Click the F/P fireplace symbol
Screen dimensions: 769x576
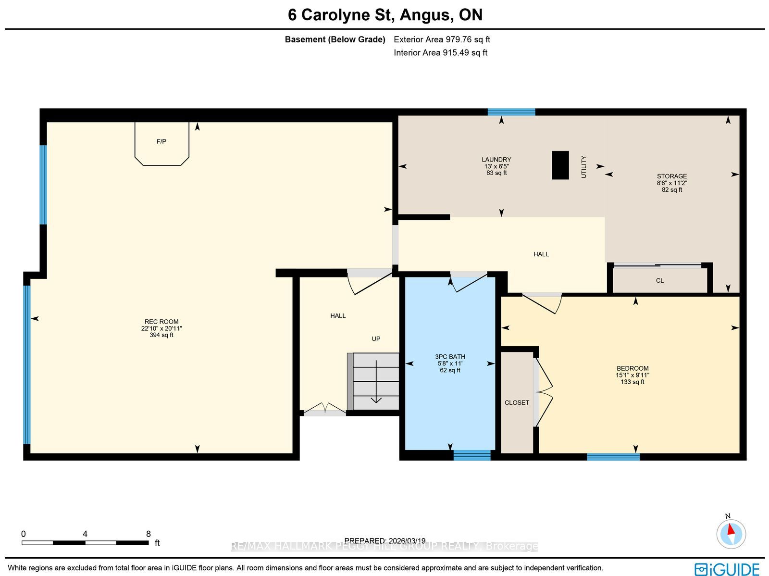coord(162,143)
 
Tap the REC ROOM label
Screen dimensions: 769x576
coord(161,322)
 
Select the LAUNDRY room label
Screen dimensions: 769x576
coord(496,160)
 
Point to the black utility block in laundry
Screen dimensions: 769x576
coord(560,165)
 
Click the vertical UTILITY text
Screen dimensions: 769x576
coord(583,167)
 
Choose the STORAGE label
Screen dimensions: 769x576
coord(671,176)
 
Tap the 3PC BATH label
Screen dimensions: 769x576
coord(450,357)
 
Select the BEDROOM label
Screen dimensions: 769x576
coord(633,368)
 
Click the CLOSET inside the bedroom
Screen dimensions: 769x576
coord(517,402)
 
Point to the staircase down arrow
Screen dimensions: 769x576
coord(376,382)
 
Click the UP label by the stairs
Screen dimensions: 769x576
coord(376,339)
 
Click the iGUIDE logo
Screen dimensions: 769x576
coord(727,569)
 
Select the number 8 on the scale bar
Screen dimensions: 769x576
coord(148,534)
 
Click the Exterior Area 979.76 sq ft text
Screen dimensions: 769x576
coord(442,39)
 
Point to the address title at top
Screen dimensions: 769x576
coord(385,15)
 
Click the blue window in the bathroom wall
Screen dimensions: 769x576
coord(472,455)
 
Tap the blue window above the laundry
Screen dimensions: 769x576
coord(511,112)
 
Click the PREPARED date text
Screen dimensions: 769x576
coord(384,540)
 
